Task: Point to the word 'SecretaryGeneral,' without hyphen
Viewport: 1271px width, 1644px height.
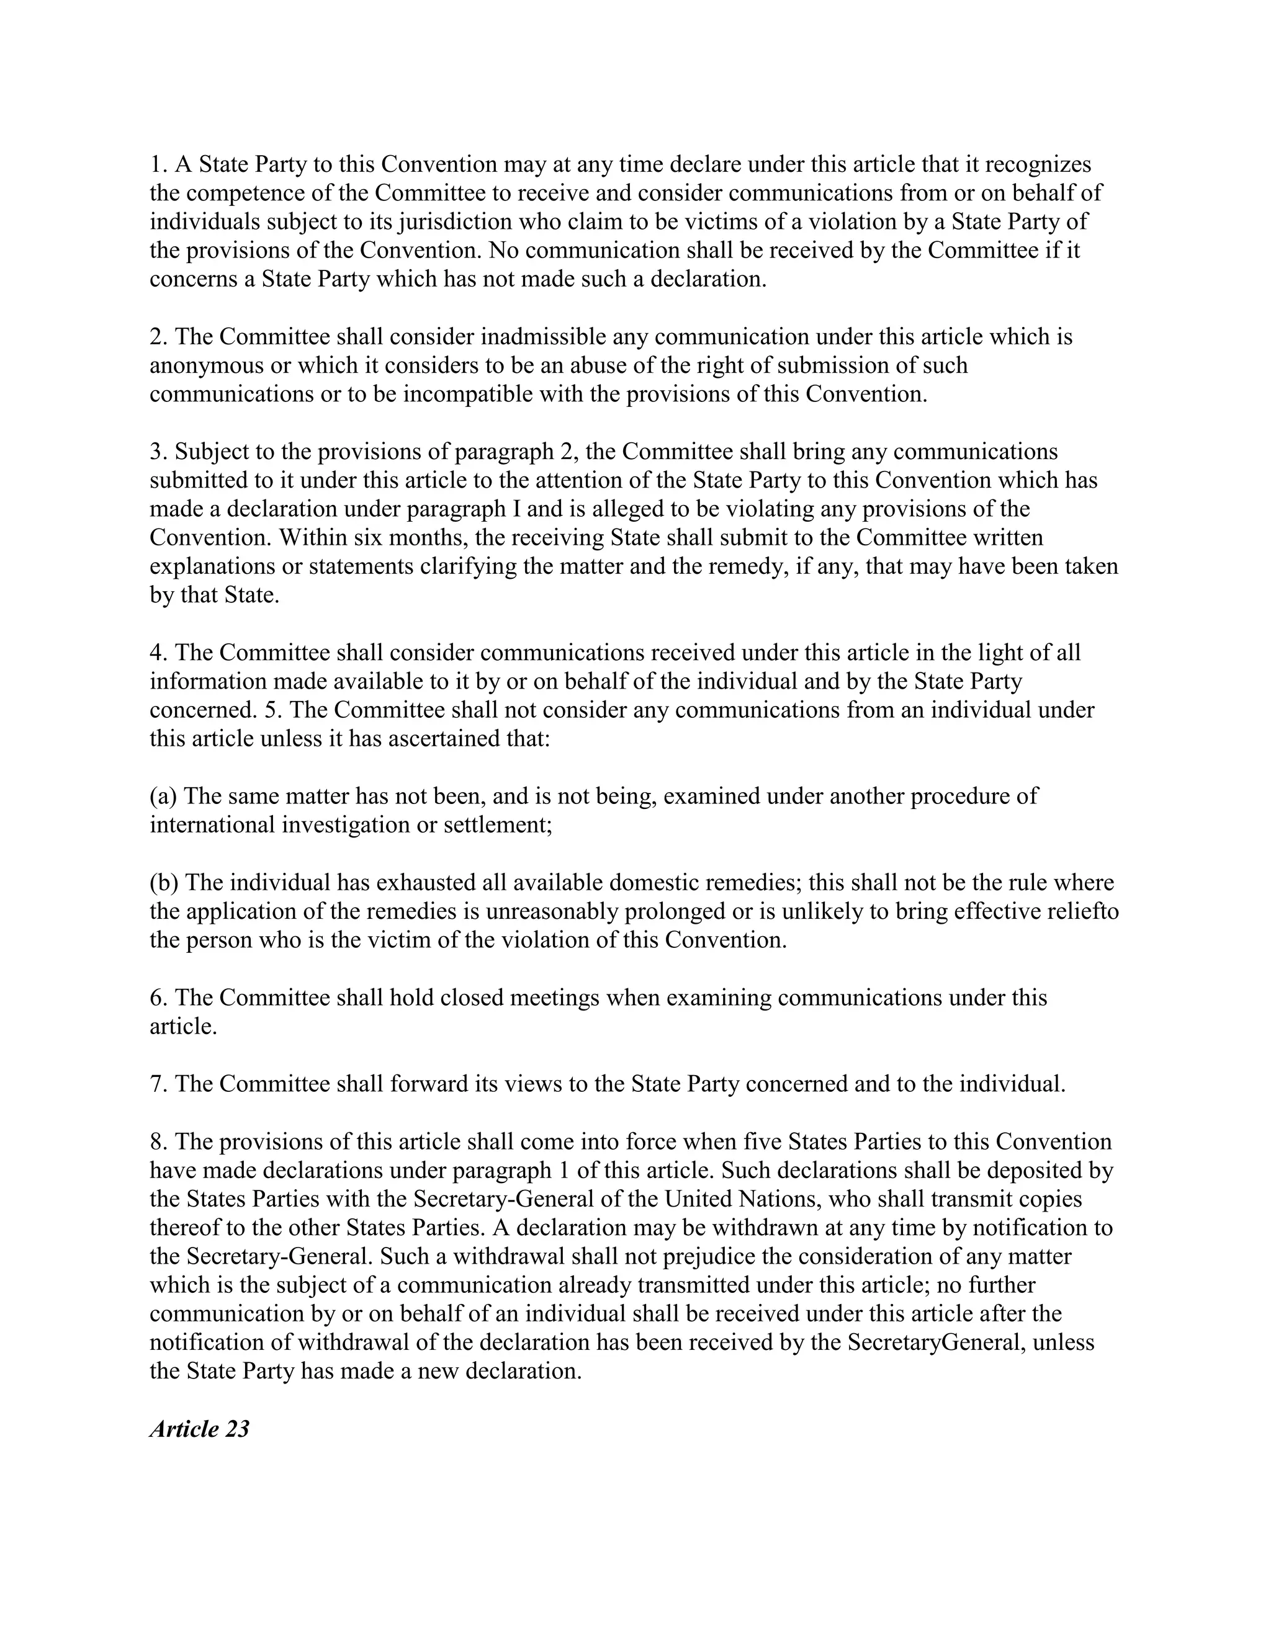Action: pyautogui.click(x=936, y=1343)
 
